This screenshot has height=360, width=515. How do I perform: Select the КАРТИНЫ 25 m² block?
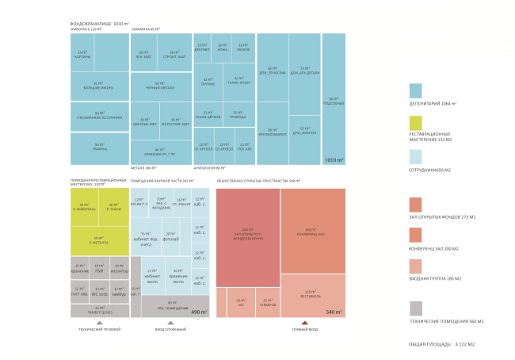click(81, 54)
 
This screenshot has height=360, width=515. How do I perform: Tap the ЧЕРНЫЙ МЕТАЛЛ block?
click(160, 86)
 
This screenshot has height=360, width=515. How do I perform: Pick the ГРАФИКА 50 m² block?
click(99, 144)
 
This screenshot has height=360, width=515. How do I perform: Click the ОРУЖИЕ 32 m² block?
click(208, 81)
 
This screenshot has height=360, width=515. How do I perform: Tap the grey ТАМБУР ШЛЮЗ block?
click(99, 308)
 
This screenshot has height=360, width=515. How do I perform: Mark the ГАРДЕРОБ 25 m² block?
click(268, 301)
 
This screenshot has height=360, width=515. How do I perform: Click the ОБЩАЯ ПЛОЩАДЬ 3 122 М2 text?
click(441, 343)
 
